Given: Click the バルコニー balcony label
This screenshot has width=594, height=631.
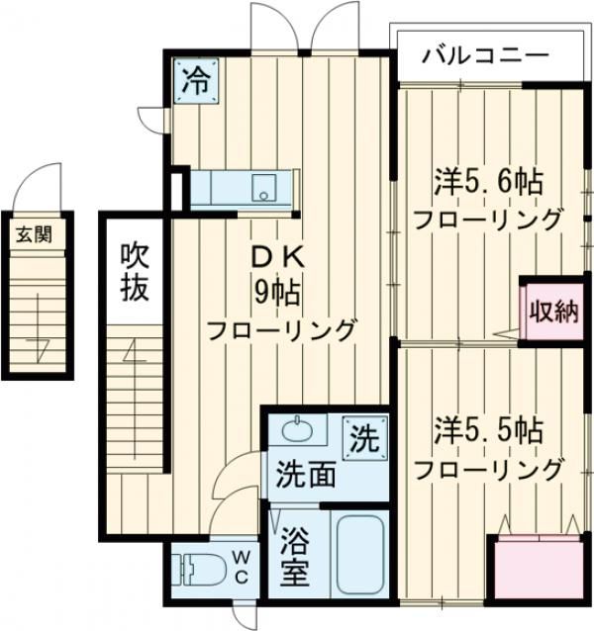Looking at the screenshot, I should coord(484,54).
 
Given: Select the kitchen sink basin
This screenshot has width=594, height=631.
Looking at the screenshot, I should coord(264,188).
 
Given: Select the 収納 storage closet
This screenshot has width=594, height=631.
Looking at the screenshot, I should coord(552,314).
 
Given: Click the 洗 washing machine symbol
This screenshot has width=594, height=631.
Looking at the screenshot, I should coord(364,438).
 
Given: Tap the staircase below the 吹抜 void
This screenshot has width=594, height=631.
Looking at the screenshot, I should coord(134,415).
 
